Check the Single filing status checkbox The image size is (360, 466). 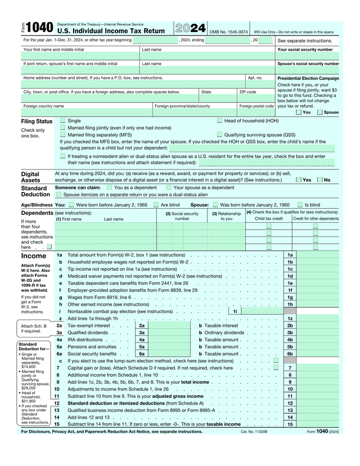(63, 121)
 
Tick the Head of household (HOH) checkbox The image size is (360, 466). (219, 121)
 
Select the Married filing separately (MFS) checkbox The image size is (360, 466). (63, 135)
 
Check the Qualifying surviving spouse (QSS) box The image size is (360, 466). (219, 135)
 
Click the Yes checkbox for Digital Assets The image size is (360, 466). (299, 180)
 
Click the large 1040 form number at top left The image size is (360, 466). (37, 28)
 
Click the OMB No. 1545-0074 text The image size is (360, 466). (228, 32)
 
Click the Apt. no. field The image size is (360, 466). (260, 85)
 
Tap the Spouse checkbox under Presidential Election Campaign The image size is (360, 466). (320, 112)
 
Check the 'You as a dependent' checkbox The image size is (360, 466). (110, 187)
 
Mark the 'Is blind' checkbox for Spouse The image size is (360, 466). (300, 205)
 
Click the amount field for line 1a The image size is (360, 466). (318, 255)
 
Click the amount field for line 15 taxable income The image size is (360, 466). (318, 424)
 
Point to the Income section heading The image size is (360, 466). (33, 256)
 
